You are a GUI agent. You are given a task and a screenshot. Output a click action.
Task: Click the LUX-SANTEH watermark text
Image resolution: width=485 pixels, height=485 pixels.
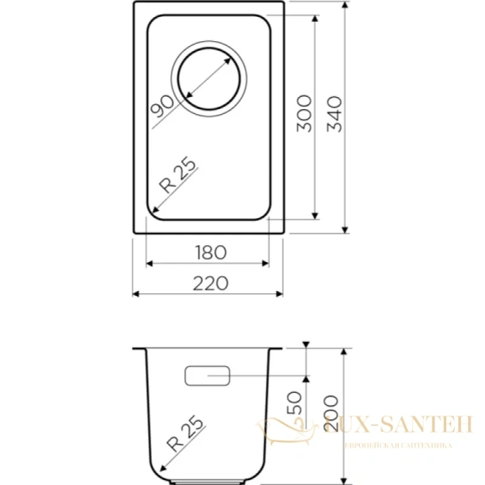[x=397, y=424]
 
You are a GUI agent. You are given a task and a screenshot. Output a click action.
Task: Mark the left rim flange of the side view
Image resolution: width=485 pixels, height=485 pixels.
[x=138, y=351]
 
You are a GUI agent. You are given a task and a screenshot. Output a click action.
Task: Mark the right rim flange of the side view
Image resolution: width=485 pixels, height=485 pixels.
[x=278, y=351]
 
